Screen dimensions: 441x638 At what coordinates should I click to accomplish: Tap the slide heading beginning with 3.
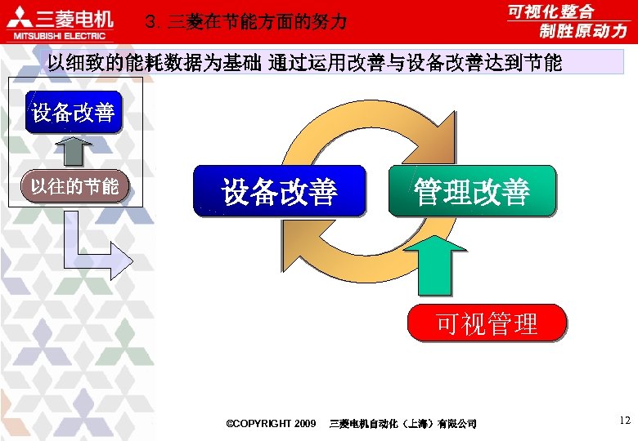click(x=245, y=22)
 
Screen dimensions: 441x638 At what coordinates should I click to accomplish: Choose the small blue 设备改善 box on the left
click(x=74, y=112)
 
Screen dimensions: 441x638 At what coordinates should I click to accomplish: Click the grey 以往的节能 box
click(x=74, y=185)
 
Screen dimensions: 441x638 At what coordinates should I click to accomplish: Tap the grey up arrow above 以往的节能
click(x=75, y=150)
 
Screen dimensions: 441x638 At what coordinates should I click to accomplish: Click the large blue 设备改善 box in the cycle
click(x=279, y=191)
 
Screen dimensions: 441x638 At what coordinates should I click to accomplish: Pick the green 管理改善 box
click(x=472, y=191)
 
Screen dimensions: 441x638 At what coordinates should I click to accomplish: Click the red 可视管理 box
click(x=487, y=323)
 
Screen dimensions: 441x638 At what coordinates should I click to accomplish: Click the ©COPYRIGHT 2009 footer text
click(x=271, y=423)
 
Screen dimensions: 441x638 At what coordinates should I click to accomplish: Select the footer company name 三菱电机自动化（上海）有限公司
click(x=402, y=423)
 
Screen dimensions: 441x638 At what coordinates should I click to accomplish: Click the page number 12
click(x=625, y=421)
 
